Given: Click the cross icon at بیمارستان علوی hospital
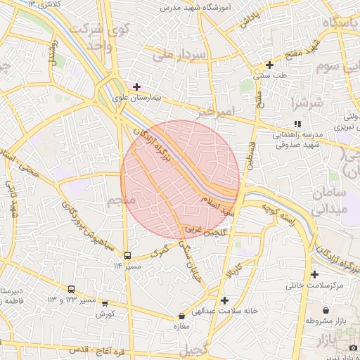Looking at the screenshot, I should [x=136, y=86].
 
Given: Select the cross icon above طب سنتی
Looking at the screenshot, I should [x=269, y=65].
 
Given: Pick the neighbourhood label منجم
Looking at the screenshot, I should [x=121, y=202].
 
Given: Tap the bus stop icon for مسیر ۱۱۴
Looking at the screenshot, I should [x=127, y=256].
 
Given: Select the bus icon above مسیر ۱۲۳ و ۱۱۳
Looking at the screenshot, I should [x=71, y=289].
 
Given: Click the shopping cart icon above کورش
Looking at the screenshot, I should [x=105, y=304].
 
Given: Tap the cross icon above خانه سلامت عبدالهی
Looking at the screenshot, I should [x=224, y=300].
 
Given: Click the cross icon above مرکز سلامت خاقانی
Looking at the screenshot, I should [x=314, y=275].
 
